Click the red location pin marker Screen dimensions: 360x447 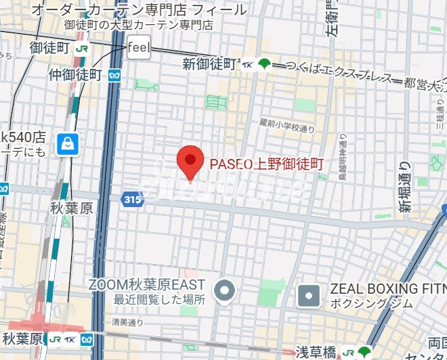pos(190,161)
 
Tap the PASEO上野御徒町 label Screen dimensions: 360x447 pos(267,163)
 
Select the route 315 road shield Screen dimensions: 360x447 pos(133,199)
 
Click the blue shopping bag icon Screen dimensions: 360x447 pos(68,143)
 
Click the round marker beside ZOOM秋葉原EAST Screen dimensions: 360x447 pos(224,292)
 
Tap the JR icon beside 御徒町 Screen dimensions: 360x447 pos(82,49)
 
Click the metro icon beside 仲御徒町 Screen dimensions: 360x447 pos(114,74)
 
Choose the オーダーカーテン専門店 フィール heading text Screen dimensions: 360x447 pos(139,9)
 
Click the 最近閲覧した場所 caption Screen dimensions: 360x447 pos(158,299)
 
